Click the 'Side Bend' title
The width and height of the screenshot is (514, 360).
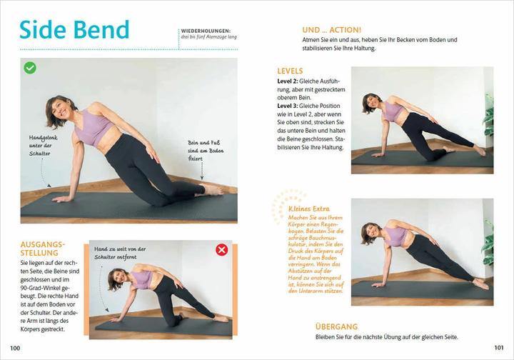74,29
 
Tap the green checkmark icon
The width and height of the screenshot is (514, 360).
30,68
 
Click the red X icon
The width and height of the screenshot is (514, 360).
221,249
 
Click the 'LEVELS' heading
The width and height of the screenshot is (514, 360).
290,71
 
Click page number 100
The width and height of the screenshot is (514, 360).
15,347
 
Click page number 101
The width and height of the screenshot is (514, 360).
499,347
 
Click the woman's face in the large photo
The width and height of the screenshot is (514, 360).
60,111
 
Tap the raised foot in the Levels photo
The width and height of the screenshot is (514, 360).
479,151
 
